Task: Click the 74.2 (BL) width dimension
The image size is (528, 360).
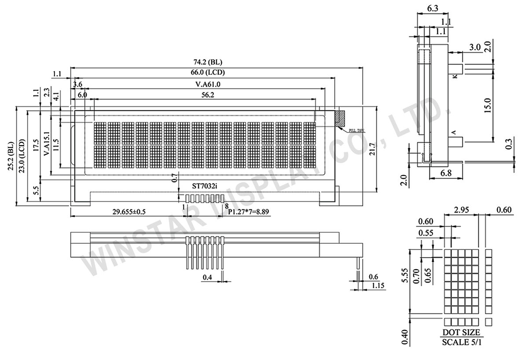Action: pos(212,62)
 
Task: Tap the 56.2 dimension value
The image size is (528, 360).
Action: pos(204,95)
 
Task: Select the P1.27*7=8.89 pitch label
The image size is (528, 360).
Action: pos(249,212)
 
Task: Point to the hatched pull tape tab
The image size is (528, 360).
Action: pos(340,118)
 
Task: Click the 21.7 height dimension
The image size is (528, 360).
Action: pos(383,149)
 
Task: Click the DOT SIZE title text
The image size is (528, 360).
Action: pos(461,333)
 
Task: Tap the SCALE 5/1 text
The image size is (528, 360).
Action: pos(461,342)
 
